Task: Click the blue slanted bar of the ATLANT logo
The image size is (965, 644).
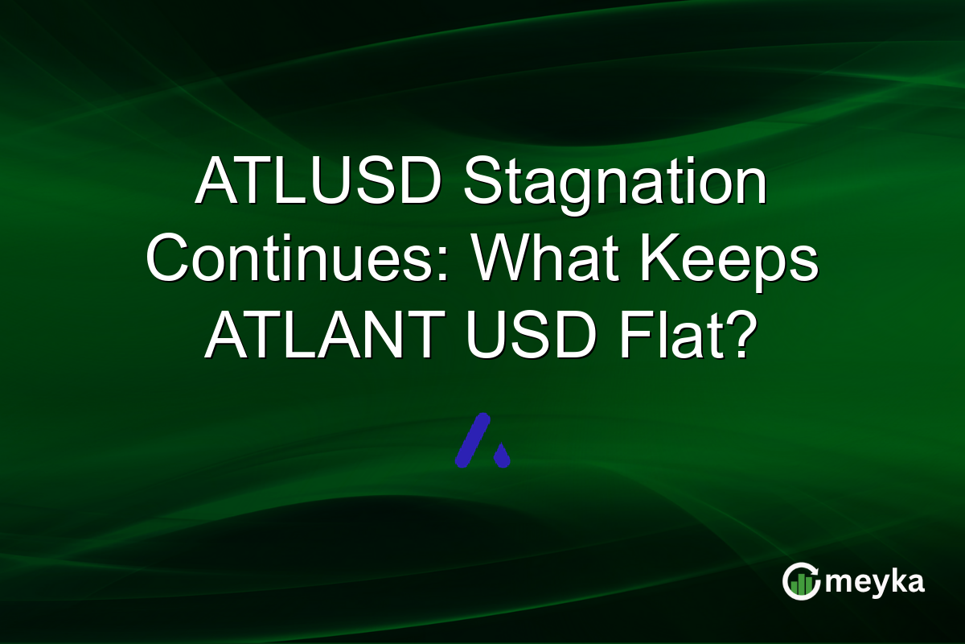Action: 473,440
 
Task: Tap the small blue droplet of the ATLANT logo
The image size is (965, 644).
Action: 502,456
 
